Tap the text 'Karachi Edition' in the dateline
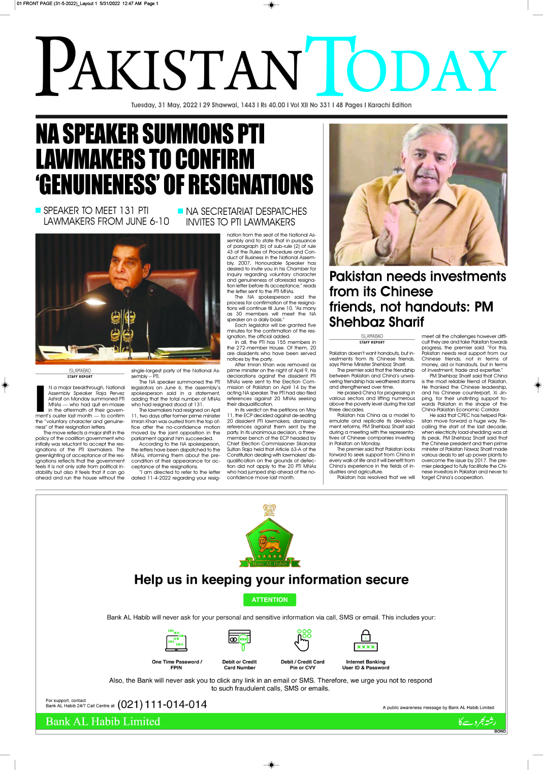[390, 105]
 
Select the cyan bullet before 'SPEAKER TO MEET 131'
[38, 210]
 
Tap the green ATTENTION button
[270, 600]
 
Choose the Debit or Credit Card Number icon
[239, 640]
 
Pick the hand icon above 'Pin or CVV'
[302, 640]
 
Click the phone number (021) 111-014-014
[162, 704]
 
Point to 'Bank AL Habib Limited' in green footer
[103, 722]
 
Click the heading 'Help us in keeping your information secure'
[271, 580]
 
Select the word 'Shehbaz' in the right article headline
[354, 322]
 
